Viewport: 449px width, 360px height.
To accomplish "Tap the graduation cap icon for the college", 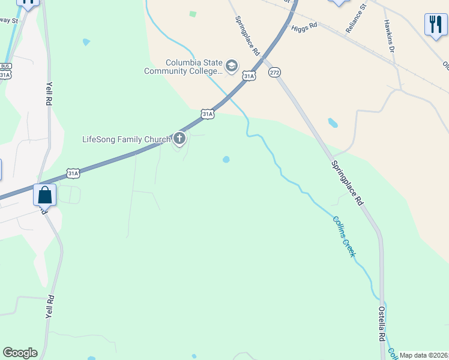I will [x=232, y=65].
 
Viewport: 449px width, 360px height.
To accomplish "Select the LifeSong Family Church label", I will [x=126, y=140].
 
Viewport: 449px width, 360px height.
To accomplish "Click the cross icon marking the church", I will [x=179, y=139].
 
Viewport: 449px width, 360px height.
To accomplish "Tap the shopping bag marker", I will [x=45, y=195].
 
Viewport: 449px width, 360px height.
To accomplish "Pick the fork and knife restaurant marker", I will [x=435, y=25].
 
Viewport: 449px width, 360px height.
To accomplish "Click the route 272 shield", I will [x=274, y=72].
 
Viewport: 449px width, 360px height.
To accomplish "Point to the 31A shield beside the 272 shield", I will [x=249, y=76].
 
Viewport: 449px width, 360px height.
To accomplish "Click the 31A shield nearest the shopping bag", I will [x=73, y=173].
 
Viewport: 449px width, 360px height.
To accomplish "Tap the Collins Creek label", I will [x=345, y=236].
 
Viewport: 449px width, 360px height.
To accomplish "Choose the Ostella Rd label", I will [x=381, y=324].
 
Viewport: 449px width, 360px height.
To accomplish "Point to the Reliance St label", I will [x=355, y=19].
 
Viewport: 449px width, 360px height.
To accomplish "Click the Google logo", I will [x=20, y=353].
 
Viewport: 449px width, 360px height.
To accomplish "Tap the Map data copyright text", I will [x=424, y=355].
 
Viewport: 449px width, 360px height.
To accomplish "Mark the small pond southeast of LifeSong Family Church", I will [x=226, y=160].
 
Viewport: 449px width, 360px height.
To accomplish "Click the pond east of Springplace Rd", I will [x=332, y=123].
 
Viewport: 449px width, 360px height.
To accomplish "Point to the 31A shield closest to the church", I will [x=207, y=113].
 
